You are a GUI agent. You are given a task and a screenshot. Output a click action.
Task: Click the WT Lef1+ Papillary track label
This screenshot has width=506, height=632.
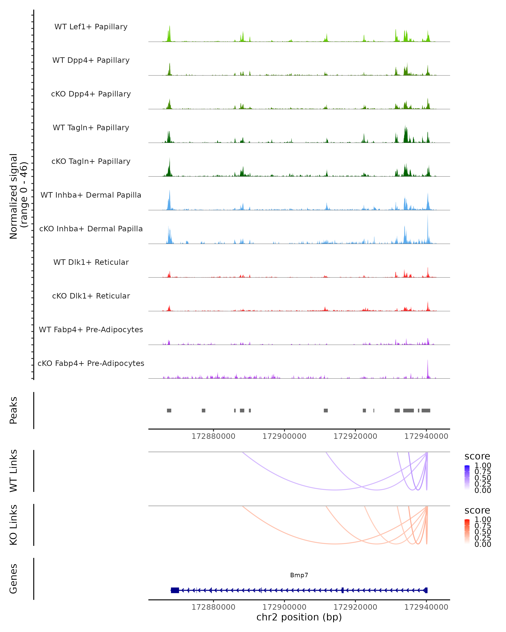[91, 27]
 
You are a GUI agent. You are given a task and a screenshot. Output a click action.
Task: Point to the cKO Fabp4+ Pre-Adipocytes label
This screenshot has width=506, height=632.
[91, 363]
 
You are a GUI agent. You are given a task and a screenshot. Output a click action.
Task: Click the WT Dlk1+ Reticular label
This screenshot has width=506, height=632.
[91, 262]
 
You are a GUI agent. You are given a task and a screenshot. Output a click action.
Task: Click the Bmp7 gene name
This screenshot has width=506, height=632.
[299, 575]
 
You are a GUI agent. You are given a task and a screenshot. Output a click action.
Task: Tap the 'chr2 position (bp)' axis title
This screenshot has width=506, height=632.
[299, 617]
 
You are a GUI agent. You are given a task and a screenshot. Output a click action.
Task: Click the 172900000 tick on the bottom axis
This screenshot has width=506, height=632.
[284, 607]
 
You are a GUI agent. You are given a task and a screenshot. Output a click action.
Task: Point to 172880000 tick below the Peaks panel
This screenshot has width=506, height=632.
[213, 436]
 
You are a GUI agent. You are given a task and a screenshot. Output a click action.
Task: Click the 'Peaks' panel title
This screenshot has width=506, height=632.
[13, 410]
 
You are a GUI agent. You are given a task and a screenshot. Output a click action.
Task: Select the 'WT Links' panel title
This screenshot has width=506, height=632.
[13, 471]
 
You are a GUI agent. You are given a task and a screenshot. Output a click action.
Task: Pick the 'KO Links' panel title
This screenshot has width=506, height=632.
[13, 525]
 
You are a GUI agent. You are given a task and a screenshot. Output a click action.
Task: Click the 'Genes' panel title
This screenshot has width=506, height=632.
[13, 579]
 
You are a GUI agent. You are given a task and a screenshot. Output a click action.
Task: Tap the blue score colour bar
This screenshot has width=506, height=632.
[467, 478]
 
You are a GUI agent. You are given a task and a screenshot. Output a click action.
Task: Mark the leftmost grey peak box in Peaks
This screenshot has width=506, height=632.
[169, 410]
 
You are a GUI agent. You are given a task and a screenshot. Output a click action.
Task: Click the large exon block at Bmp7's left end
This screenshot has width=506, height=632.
[175, 590]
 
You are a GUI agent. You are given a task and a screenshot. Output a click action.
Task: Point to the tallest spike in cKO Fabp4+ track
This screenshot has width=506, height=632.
[428, 366]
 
